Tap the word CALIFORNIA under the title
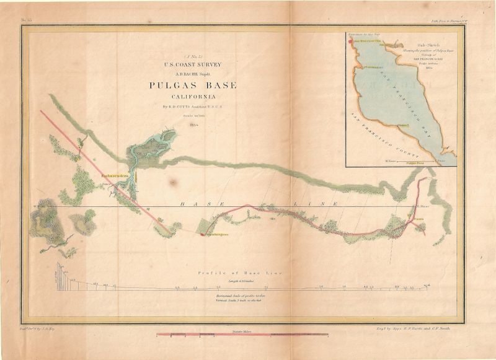193,97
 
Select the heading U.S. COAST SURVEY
193,64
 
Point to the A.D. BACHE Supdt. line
193,72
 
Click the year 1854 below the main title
193,125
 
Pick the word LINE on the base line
323,204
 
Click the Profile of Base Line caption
239,273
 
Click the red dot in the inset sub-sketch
352,41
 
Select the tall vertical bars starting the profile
61,274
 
